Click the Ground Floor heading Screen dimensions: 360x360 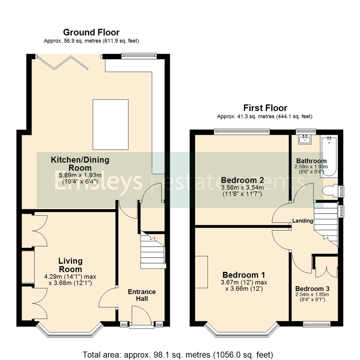91,32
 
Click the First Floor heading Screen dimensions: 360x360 265,108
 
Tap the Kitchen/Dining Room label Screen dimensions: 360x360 80,164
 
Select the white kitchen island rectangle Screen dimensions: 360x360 110,124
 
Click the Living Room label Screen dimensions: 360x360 70,265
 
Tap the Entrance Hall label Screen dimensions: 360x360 142,295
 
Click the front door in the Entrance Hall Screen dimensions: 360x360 141,316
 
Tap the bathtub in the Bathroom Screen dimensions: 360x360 329,156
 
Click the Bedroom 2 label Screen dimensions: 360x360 243,180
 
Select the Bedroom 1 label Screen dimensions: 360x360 244,275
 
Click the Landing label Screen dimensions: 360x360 303,221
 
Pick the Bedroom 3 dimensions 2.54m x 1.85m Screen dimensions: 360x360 312,294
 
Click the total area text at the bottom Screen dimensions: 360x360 178,354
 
